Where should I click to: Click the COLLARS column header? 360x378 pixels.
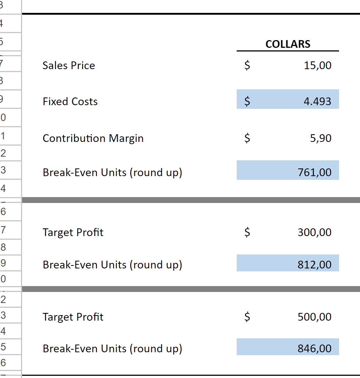pyautogui.click(x=288, y=44)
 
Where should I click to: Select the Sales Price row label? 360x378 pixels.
pyautogui.click(x=69, y=65)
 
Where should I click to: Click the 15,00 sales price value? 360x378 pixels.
pyautogui.click(x=318, y=65)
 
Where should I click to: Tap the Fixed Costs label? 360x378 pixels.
pyautogui.click(x=70, y=101)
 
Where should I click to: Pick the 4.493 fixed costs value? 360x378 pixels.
pyautogui.click(x=317, y=101)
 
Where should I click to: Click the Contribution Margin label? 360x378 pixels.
pyautogui.click(x=93, y=138)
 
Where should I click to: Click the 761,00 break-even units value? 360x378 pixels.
pyautogui.click(x=315, y=172)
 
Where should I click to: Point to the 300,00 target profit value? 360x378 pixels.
pyautogui.click(x=315, y=232)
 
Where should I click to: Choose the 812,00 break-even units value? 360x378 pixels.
pyautogui.click(x=315, y=265)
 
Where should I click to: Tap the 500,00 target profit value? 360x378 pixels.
pyautogui.click(x=315, y=317)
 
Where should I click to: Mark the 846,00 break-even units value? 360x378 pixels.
pyautogui.click(x=315, y=349)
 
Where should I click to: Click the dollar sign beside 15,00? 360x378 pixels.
pyautogui.click(x=248, y=65)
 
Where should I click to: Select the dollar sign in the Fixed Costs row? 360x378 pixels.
pyautogui.click(x=248, y=101)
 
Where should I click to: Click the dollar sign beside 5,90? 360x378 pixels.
pyautogui.click(x=248, y=138)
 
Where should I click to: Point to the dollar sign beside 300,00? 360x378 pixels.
pyautogui.click(x=248, y=232)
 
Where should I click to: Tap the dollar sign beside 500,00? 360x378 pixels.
pyautogui.click(x=248, y=317)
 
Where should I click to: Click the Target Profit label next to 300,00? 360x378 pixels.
pyautogui.click(x=73, y=232)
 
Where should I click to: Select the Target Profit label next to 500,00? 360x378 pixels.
pyautogui.click(x=73, y=317)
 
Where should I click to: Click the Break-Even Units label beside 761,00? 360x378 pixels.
pyautogui.click(x=112, y=172)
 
